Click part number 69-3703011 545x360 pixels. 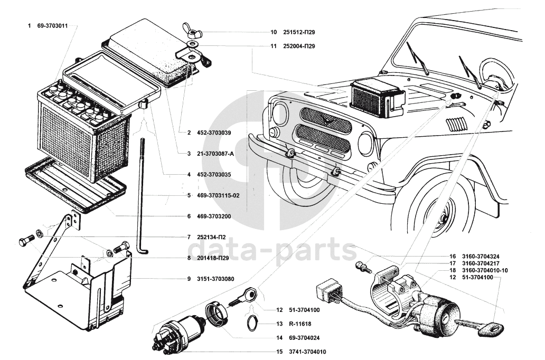(53, 25)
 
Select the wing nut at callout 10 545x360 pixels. (189, 31)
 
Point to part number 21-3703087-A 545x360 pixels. (213, 154)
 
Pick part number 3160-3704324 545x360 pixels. (478, 256)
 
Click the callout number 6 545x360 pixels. (189, 216)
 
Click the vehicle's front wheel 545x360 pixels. (441, 213)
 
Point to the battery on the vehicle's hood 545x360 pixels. (377, 98)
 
